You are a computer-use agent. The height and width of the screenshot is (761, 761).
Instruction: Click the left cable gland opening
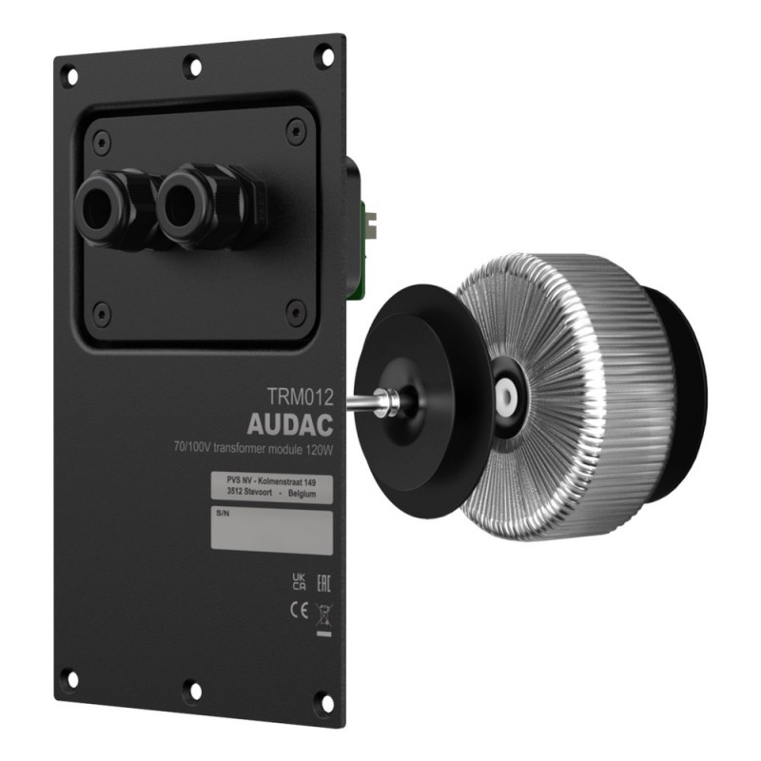click(100, 206)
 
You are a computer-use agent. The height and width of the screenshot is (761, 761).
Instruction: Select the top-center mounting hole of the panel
click(194, 68)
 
